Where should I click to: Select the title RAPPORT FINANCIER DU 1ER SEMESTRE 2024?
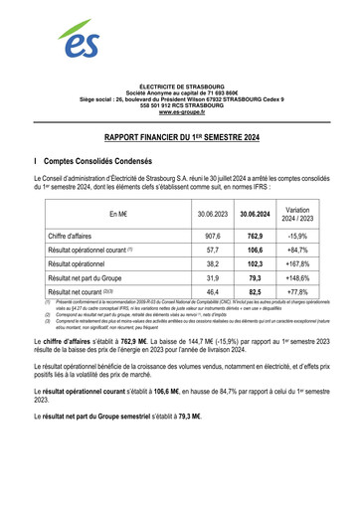pyautogui.click(x=179, y=142)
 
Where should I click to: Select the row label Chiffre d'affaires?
pyautogui.click(x=77, y=236)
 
